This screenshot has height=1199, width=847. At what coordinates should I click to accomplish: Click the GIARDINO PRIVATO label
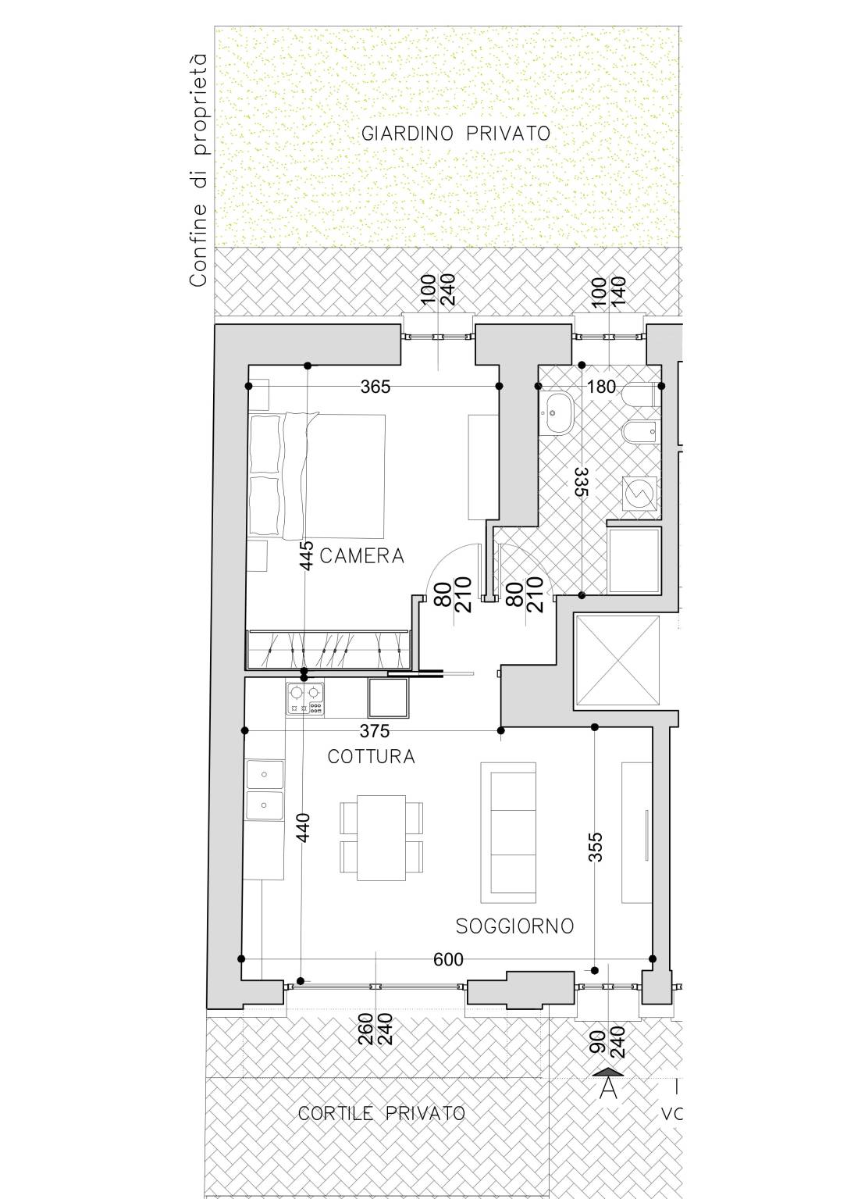456,134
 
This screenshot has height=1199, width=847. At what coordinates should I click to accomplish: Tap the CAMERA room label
361,556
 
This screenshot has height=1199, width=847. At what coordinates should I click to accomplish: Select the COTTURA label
372,756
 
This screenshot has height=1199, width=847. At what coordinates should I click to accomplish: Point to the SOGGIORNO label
514,926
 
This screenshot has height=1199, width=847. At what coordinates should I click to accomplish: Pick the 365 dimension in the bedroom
375,387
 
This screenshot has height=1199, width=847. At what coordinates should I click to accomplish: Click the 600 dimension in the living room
448,960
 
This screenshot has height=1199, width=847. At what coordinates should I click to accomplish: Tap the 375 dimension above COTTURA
375,730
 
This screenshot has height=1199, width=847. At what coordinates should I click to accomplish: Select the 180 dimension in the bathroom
602,387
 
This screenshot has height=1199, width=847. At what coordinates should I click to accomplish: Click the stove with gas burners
305,698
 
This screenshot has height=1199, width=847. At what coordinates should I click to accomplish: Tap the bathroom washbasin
557,413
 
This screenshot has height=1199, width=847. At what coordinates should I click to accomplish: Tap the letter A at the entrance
608,1087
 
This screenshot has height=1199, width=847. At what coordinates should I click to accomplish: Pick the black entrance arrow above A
608,1071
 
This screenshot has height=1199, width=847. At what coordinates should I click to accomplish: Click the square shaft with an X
617,659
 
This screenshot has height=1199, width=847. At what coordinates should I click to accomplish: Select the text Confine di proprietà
198,170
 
